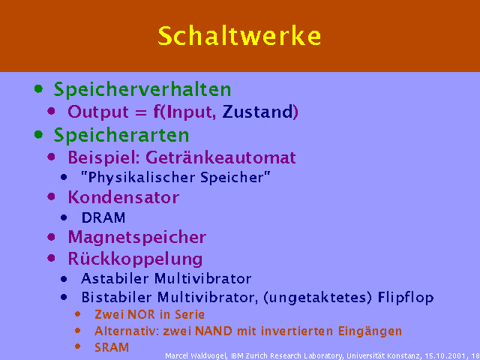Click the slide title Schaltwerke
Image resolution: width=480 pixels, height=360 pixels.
coord(239,36)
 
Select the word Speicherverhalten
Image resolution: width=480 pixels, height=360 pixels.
coord(142,90)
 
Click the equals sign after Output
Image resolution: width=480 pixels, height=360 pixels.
coord(141,112)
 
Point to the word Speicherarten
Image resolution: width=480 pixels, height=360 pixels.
coord(121,135)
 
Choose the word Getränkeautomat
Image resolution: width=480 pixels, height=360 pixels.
coord(220,157)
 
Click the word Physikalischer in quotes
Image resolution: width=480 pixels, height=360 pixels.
coord(138,178)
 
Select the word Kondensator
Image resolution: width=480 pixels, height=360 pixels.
coord(123,197)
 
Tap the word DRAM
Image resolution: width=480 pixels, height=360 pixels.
coord(103,218)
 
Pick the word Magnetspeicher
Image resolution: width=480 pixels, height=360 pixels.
coord(136,238)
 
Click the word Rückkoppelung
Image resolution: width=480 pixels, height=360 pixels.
coord(135,259)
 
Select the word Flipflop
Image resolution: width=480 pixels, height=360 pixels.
coord(406,298)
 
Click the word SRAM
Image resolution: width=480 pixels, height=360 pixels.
coord(112,347)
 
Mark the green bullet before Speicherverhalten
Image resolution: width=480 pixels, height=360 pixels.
coord(38,89)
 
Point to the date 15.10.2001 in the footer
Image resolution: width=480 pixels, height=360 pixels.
coord(445,356)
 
